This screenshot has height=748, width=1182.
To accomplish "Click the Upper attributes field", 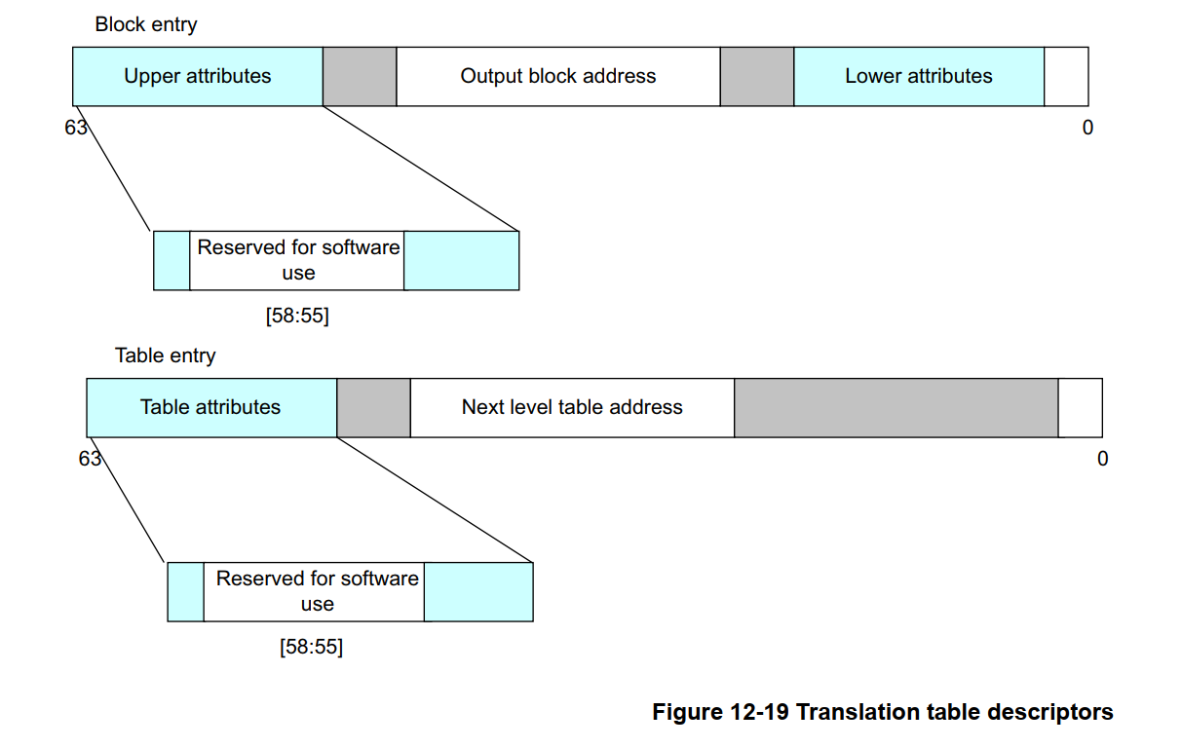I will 197,76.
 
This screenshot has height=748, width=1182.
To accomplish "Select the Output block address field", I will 557,76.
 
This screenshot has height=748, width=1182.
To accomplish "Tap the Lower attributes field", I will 918,76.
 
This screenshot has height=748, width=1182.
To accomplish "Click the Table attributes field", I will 210,407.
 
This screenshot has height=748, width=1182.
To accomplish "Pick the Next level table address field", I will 572,407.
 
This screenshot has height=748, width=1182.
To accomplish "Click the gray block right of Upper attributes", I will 360,76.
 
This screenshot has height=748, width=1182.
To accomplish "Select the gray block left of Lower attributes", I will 757,76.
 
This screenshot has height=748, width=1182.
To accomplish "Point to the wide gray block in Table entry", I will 896,407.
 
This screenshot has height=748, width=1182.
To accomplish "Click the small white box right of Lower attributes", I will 1066,76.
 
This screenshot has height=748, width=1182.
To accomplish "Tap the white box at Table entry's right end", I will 1081,407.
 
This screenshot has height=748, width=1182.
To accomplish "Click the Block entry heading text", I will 145,24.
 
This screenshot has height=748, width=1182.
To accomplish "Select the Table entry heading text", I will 165,355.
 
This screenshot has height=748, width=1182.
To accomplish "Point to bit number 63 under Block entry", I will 76,128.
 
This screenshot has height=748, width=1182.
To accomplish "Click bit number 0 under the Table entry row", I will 1102,459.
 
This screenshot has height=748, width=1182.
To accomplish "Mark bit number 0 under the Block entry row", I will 1087,128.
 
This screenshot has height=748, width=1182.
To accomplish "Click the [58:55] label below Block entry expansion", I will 297,317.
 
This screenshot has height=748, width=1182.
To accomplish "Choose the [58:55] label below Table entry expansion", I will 311,647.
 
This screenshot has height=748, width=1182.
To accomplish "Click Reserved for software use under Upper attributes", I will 297,260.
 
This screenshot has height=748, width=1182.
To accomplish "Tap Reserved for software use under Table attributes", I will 316,591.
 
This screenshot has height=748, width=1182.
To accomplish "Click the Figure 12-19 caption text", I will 882,712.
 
